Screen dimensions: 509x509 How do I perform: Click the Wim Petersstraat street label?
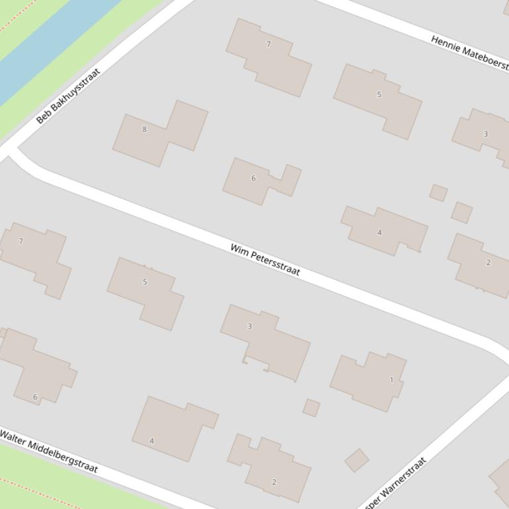tap(265, 260)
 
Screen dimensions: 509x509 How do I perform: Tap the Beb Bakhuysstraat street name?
tap(68, 96)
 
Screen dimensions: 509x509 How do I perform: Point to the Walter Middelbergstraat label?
tap(49, 451)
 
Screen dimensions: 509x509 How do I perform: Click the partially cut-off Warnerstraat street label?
tap(395, 482)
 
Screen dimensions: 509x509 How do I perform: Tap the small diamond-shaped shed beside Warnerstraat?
tap(357, 460)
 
